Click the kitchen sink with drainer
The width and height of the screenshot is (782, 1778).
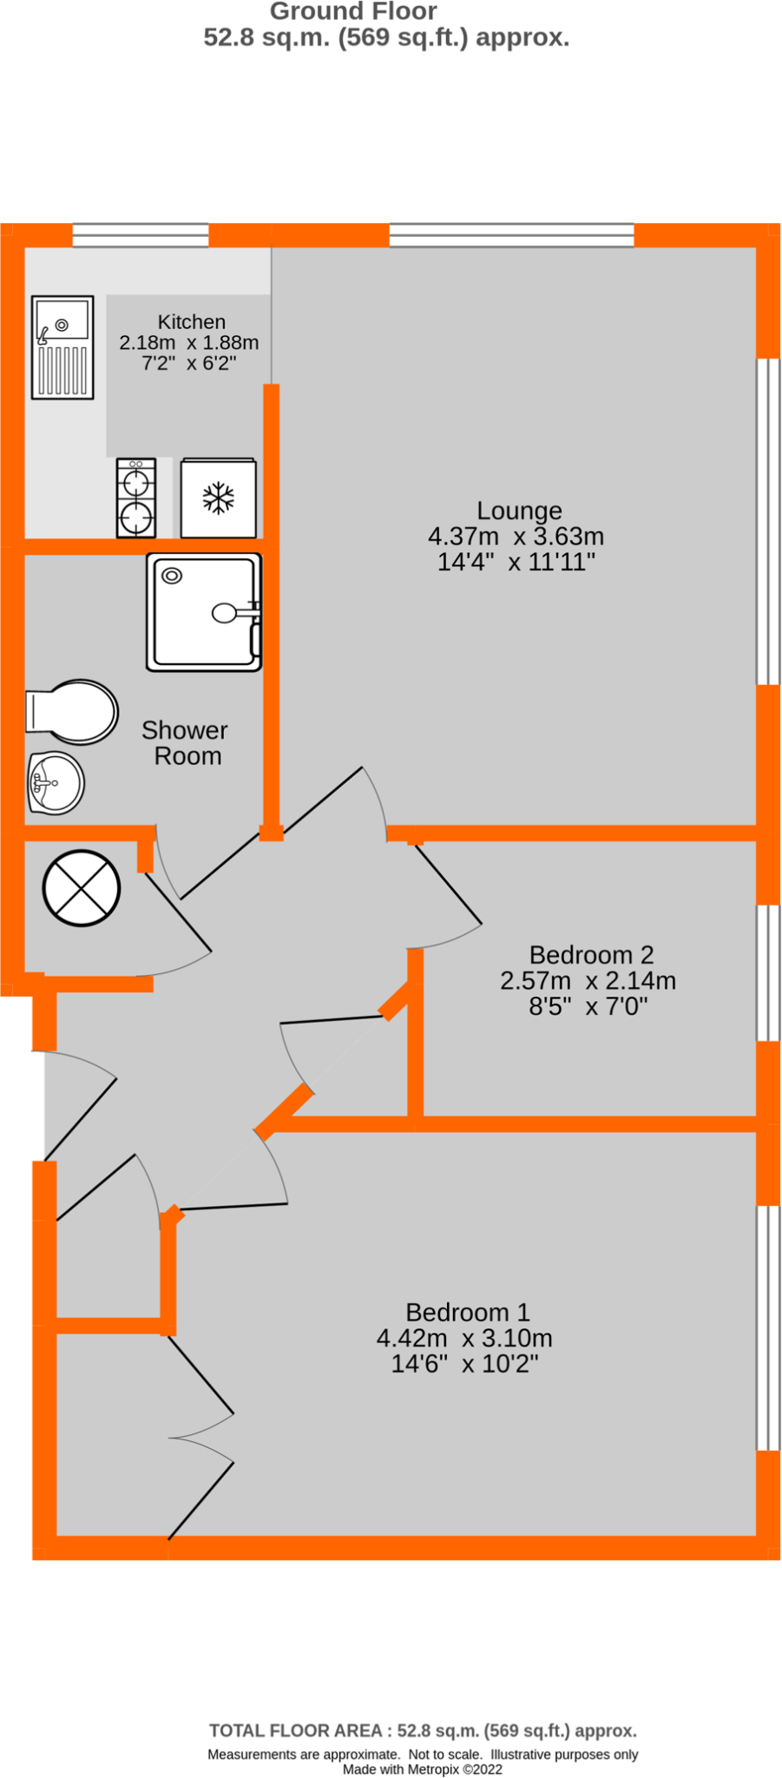62,346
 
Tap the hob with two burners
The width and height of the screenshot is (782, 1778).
136,498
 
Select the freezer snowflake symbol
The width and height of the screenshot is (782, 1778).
219,498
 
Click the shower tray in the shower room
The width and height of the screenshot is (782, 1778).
204,613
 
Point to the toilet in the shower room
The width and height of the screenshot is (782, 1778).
74,712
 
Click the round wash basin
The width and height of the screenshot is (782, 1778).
56,783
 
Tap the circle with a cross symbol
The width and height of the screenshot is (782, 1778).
82,887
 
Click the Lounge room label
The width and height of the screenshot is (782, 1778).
519,510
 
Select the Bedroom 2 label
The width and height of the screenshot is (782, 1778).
591,955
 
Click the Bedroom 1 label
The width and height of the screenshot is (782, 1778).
467,1312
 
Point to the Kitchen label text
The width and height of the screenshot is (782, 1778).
192,322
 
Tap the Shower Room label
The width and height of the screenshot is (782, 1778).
186,743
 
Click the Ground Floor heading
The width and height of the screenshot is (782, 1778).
353,12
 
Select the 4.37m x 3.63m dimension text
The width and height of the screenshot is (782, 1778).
516,537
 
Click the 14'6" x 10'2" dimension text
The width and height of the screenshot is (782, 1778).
464,1364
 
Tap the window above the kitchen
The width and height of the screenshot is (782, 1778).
141,234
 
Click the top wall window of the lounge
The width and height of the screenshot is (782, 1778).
511,234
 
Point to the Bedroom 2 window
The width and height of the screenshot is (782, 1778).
768,972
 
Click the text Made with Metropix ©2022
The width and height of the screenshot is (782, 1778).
422,1768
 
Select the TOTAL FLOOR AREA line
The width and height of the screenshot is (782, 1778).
423,1730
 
